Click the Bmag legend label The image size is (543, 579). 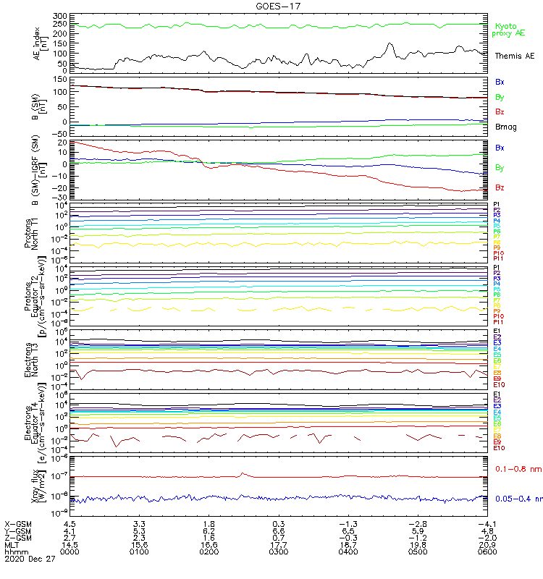505,127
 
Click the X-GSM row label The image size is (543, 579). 19,523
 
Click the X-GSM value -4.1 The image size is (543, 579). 484,523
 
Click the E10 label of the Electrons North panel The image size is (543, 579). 500,385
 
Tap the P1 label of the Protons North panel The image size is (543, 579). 497,205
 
